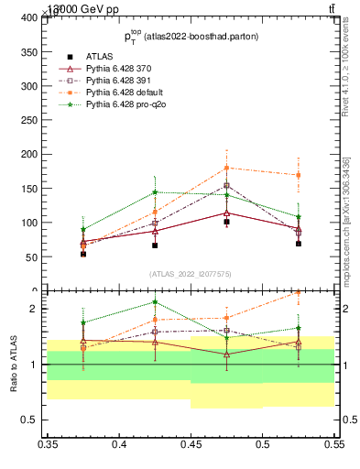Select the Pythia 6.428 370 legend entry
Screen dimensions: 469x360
(114, 68)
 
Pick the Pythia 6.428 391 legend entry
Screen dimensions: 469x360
(114, 81)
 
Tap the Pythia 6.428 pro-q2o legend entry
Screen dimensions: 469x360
(118, 105)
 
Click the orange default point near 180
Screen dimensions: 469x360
(226, 168)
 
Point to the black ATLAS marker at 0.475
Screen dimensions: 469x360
(226, 222)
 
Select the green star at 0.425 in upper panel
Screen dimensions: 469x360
(155, 192)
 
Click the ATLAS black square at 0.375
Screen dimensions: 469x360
(83, 254)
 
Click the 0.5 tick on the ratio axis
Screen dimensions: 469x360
(35, 420)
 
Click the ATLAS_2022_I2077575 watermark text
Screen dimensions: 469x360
(191, 273)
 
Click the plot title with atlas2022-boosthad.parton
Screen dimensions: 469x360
(191, 36)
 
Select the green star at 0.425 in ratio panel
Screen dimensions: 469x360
(155, 301)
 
